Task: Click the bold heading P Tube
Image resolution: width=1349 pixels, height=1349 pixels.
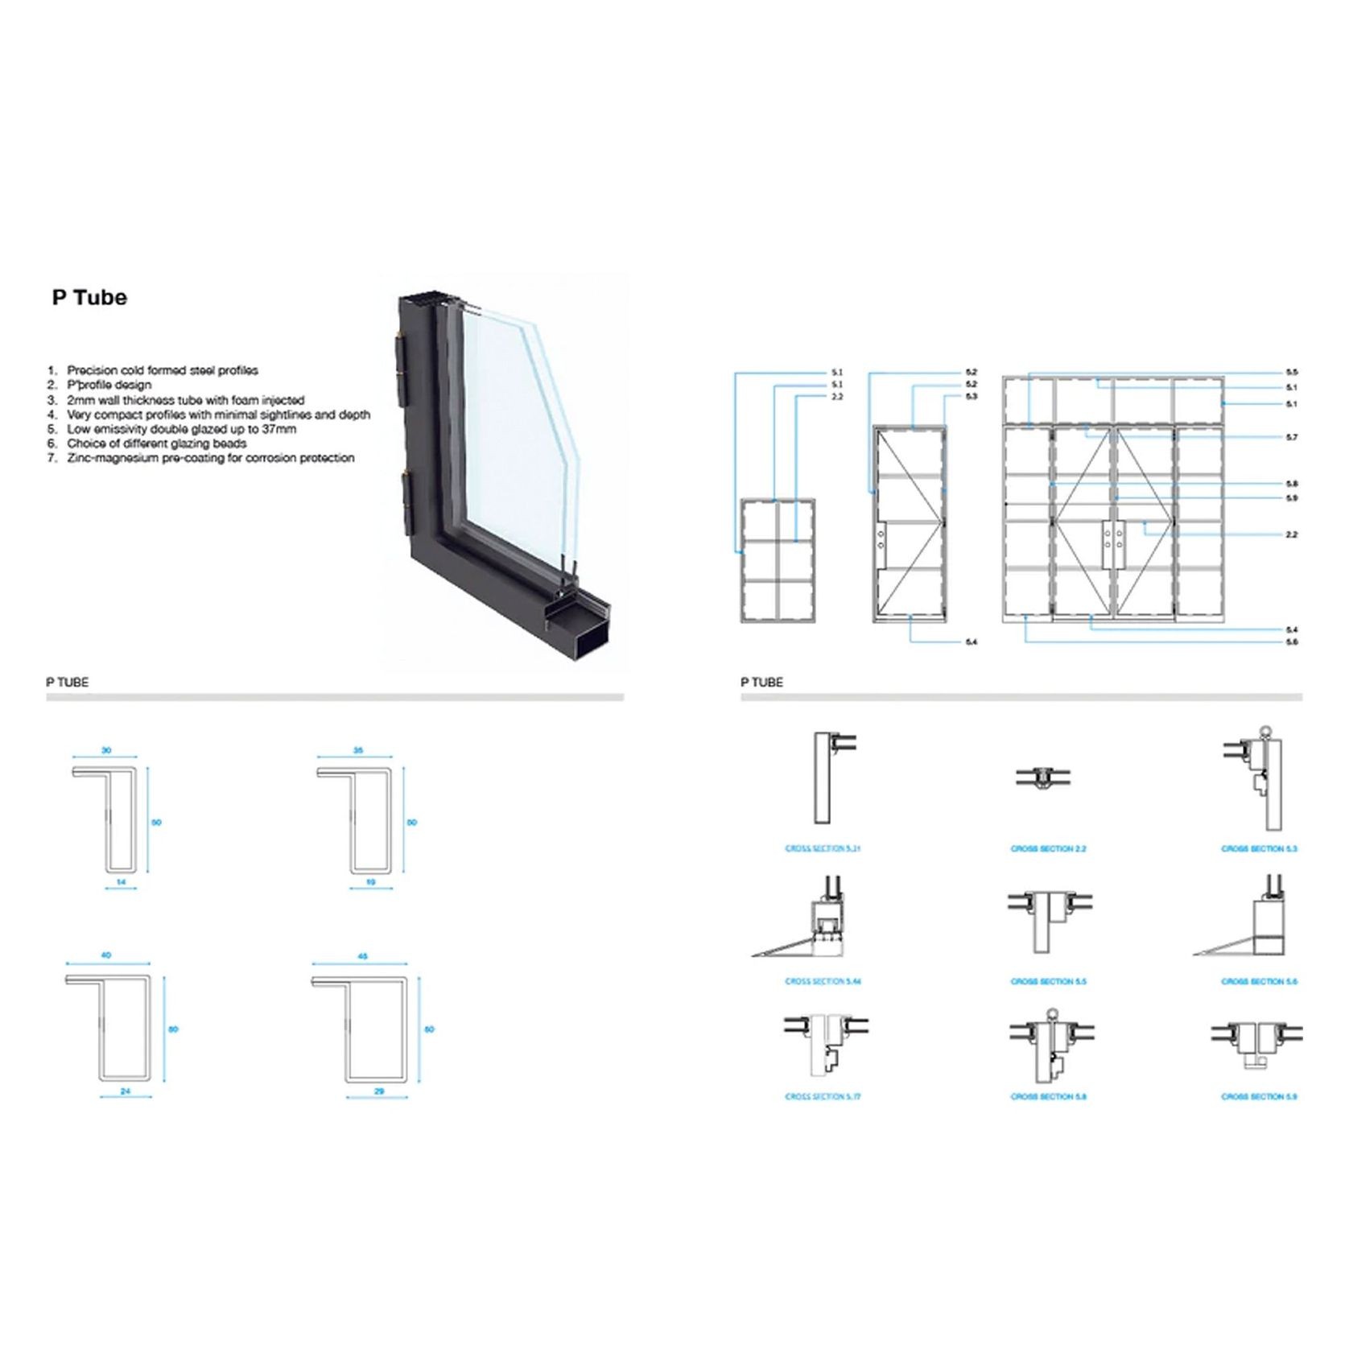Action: pyautogui.click(x=89, y=298)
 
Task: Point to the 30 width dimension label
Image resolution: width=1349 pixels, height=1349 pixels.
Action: pyautogui.click(x=106, y=750)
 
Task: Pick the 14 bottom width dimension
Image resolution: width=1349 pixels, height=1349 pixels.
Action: pyautogui.click(x=121, y=882)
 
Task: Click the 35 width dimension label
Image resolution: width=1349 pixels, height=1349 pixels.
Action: pyautogui.click(x=358, y=750)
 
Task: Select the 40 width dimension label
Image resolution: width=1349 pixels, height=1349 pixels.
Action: pyautogui.click(x=106, y=955)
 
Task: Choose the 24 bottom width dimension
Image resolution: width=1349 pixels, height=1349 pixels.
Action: pyautogui.click(x=125, y=1091)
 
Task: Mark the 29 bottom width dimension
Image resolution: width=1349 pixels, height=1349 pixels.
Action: pyautogui.click(x=379, y=1091)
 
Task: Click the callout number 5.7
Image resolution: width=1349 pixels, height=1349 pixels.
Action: pyautogui.click(x=1292, y=437)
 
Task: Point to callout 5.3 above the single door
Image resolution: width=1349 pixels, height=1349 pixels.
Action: pyautogui.click(x=972, y=397)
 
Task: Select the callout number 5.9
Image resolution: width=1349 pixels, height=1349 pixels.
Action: pyautogui.click(x=1292, y=498)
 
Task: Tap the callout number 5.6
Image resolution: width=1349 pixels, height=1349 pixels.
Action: pyautogui.click(x=1292, y=641)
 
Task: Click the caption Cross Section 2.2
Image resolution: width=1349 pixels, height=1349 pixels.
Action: pyautogui.click(x=1048, y=848)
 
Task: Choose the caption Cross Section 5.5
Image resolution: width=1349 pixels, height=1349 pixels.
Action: pyautogui.click(x=1048, y=981)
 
